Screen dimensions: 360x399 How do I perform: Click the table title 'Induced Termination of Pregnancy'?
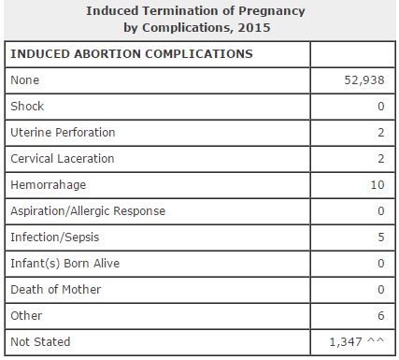pyautogui.click(x=195, y=11)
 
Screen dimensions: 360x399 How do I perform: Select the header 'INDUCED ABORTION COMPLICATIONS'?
pyautogui.click(x=131, y=54)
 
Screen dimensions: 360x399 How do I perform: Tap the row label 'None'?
pyautogui.click(x=25, y=80)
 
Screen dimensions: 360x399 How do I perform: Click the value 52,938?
pyautogui.click(x=365, y=80)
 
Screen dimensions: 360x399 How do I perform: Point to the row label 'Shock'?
pyautogui.click(x=27, y=107)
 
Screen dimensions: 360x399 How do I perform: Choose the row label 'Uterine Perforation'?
pyautogui.click(x=63, y=133)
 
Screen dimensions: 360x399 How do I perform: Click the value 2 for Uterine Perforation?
pyautogui.click(x=381, y=133)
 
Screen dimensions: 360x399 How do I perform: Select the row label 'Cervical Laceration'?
pyautogui.click(x=64, y=159)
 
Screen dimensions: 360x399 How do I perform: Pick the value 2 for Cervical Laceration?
pyautogui.click(x=381, y=159)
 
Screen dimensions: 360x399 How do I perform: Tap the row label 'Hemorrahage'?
pyautogui.click(x=48, y=185)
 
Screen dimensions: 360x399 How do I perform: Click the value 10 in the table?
pyautogui.click(x=378, y=185)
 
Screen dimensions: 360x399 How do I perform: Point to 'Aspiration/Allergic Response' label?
pyautogui.click(x=88, y=211)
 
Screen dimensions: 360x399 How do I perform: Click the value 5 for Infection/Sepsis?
pyautogui.click(x=381, y=238)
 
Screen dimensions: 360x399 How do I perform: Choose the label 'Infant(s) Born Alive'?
pyautogui.click(x=64, y=264)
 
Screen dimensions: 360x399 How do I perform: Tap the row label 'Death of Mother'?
pyautogui.click(x=55, y=290)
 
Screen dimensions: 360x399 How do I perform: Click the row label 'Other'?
pyautogui.click(x=26, y=316)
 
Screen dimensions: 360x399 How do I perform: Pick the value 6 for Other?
pyautogui.click(x=381, y=316)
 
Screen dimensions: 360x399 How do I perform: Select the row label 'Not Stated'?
pyautogui.click(x=40, y=342)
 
